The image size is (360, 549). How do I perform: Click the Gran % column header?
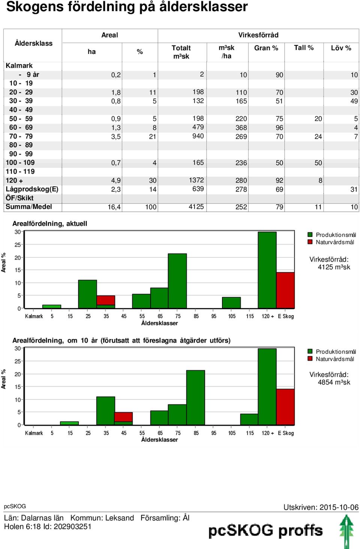coord(266,48)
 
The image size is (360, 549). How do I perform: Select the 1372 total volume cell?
coord(196,180)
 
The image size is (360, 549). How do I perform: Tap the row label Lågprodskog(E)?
coord(32,189)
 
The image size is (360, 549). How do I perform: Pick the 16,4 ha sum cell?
coord(114,207)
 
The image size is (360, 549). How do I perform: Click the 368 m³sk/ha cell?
coord(241,128)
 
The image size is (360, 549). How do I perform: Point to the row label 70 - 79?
coord(21,136)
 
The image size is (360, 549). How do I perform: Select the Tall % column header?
coord(304,48)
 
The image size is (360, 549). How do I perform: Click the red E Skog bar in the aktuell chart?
coord(285,290)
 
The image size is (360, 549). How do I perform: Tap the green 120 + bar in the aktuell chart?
coord(267,270)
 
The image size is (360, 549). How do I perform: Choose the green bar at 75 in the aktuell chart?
coord(177,281)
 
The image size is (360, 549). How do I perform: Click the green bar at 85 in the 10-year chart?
coord(195,398)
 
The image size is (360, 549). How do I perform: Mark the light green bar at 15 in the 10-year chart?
coord(69,423)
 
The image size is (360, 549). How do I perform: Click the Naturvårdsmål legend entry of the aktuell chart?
coord(331,242)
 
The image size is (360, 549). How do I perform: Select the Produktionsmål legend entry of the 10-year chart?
coord(331,352)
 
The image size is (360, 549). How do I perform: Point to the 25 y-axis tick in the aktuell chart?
coord(17,245)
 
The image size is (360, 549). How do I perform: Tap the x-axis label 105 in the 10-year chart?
coord(232,433)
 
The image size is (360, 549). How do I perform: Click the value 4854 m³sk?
coord(334,382)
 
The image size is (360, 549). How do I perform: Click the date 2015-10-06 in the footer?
coord(339,507)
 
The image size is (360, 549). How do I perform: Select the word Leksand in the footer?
coord(120,518)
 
